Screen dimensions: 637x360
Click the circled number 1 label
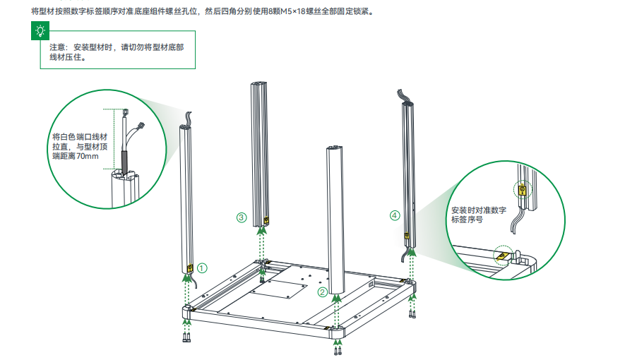(202, 268)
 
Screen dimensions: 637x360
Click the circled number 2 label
(323, 292)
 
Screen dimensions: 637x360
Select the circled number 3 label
(242, 217)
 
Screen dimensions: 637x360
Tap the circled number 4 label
(395, 215)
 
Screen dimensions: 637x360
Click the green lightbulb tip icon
(40, 31)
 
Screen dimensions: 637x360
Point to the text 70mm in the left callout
(88, 156)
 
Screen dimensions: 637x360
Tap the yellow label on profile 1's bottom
(190, 268)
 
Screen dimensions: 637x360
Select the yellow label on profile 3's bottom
(266, 220)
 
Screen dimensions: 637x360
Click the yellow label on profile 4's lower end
(407, 234)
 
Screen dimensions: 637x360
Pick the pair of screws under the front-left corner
(186, 337)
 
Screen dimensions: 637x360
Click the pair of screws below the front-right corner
(338, 351)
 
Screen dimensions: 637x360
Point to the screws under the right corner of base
(412, 314)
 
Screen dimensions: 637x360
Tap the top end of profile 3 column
(258, 83)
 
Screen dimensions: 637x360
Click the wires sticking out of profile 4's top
(404, 96)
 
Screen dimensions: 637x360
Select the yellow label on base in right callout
(501, 256)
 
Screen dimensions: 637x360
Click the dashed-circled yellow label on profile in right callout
(523, 189)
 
